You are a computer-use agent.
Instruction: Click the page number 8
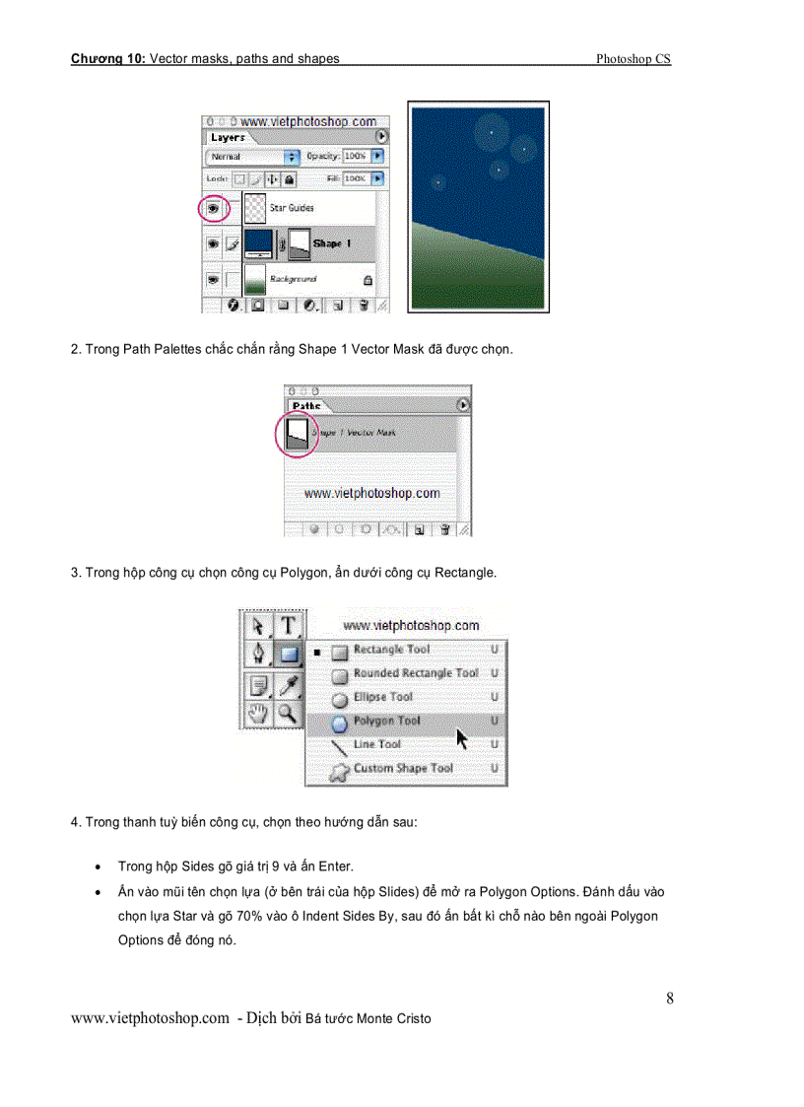(670, 999)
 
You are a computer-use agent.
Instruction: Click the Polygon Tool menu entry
(386, 721)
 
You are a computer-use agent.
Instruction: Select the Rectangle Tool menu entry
(391, 650)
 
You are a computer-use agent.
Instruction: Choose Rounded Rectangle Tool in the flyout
(415, 673)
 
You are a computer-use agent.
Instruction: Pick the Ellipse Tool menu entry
(382, 697)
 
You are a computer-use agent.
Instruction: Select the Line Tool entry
(376, 744)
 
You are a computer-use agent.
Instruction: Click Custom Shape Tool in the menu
(403, 768)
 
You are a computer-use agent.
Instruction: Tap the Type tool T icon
(288, 625)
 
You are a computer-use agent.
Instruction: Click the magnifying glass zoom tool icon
(288, 713)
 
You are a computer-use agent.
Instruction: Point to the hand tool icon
(258, 713)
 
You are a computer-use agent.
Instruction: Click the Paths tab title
(306, 406)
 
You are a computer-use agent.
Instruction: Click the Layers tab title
(228, 138)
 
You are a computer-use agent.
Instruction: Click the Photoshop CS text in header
(633, 59)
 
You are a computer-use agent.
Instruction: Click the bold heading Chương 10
(107, 59)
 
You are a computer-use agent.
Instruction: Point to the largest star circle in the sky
(491, 129)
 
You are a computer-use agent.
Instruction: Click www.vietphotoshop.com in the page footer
(150, 1018)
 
